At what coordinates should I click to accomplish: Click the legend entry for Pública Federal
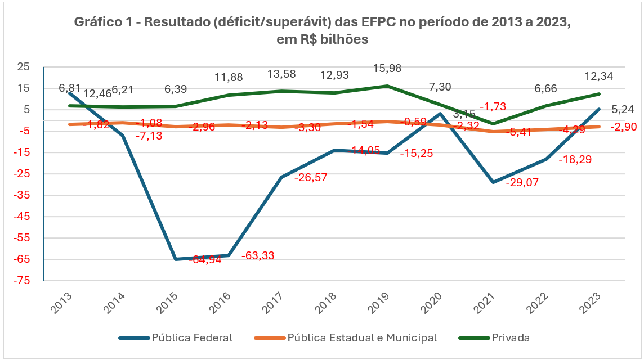pyautogui.click(x=192, y=337)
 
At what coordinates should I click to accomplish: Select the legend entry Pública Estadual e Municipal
pyautogui.click(x=361, y=337)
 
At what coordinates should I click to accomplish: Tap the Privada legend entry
pyautogui.click(x=511, y=337)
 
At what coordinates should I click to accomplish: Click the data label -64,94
pyautogui.click(x=207, y=260)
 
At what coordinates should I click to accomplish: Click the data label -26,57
pyautogui.click(x=311, y=177)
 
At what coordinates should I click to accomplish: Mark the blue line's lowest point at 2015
pyautogui.click(x=176, y=259)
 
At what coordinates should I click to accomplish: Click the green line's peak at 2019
pyautogui.click(x=387, y=86)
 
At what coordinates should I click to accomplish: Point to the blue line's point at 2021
pyautogui.click(x=494, y=183)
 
